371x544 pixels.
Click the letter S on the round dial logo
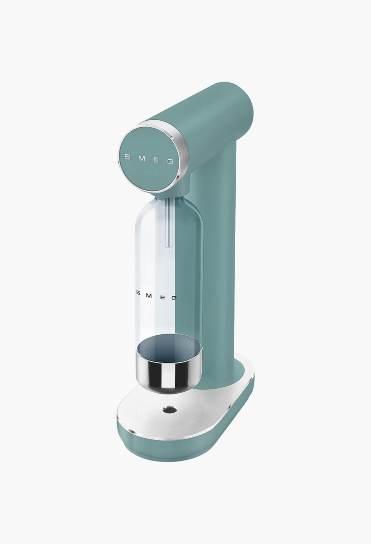pyautogui.click(x=127, y=157)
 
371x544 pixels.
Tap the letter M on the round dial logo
pyautogui.click(x=142, y=159)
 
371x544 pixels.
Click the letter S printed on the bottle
pyautogui.click(x=138, y=293)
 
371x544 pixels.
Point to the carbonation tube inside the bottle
pyautogui.click(x=168, y=224)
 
